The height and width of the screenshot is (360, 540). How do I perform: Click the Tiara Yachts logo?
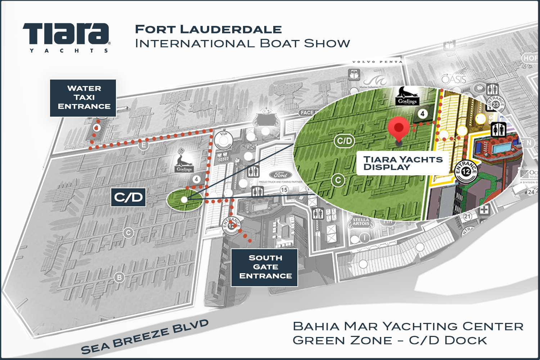click(x=66, y=37)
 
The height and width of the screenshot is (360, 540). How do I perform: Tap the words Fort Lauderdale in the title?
click(x=208, y=30)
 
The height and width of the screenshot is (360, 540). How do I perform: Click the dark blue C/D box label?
click(x=129, y=197)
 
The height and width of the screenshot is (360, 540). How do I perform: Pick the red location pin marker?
click(x=399, y=129)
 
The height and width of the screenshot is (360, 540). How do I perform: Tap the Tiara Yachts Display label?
click(x=402, y=163)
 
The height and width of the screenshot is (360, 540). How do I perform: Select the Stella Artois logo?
click(x=361, y=222)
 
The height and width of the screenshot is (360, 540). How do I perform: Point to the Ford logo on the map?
click(x=280, y=175)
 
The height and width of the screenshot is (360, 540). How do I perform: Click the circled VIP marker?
click(x=224, y=139)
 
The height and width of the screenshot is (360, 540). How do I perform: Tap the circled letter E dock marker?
click(x=144, y=145)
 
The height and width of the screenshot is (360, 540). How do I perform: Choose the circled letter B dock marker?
click(x=119, y=278)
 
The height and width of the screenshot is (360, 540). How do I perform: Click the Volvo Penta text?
click(x=377, y=62)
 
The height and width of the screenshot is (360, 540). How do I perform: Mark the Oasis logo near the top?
click(x=454, y=78)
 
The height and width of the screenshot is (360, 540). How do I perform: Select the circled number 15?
click(x=284, y=190)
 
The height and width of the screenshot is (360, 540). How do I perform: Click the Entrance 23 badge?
click(x=496, y=103)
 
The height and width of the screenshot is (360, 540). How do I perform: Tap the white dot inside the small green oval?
click(x=184, y=199)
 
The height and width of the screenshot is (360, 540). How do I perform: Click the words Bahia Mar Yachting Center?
click(x=408, y=326)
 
